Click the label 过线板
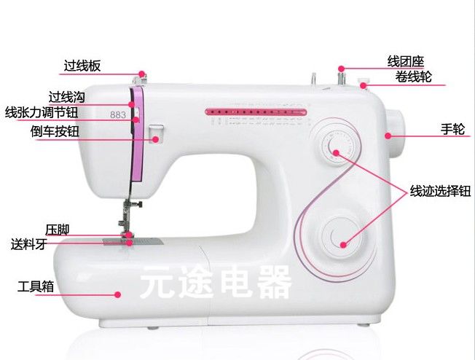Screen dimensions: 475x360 coord(82,66)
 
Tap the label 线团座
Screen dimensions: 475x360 coord(405,61)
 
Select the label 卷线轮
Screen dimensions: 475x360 coord(413,75)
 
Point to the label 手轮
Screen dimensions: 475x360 coord(452,128)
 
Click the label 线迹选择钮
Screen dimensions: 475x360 coord(435,192)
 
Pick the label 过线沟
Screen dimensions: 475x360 coord(67,96)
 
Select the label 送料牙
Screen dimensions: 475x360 coord(29,244)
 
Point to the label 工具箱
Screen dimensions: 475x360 coord(36,286)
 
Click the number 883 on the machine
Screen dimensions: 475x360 coord(117,113)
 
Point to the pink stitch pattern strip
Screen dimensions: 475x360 coord(256,112)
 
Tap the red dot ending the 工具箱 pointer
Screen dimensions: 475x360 coord(118,294)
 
